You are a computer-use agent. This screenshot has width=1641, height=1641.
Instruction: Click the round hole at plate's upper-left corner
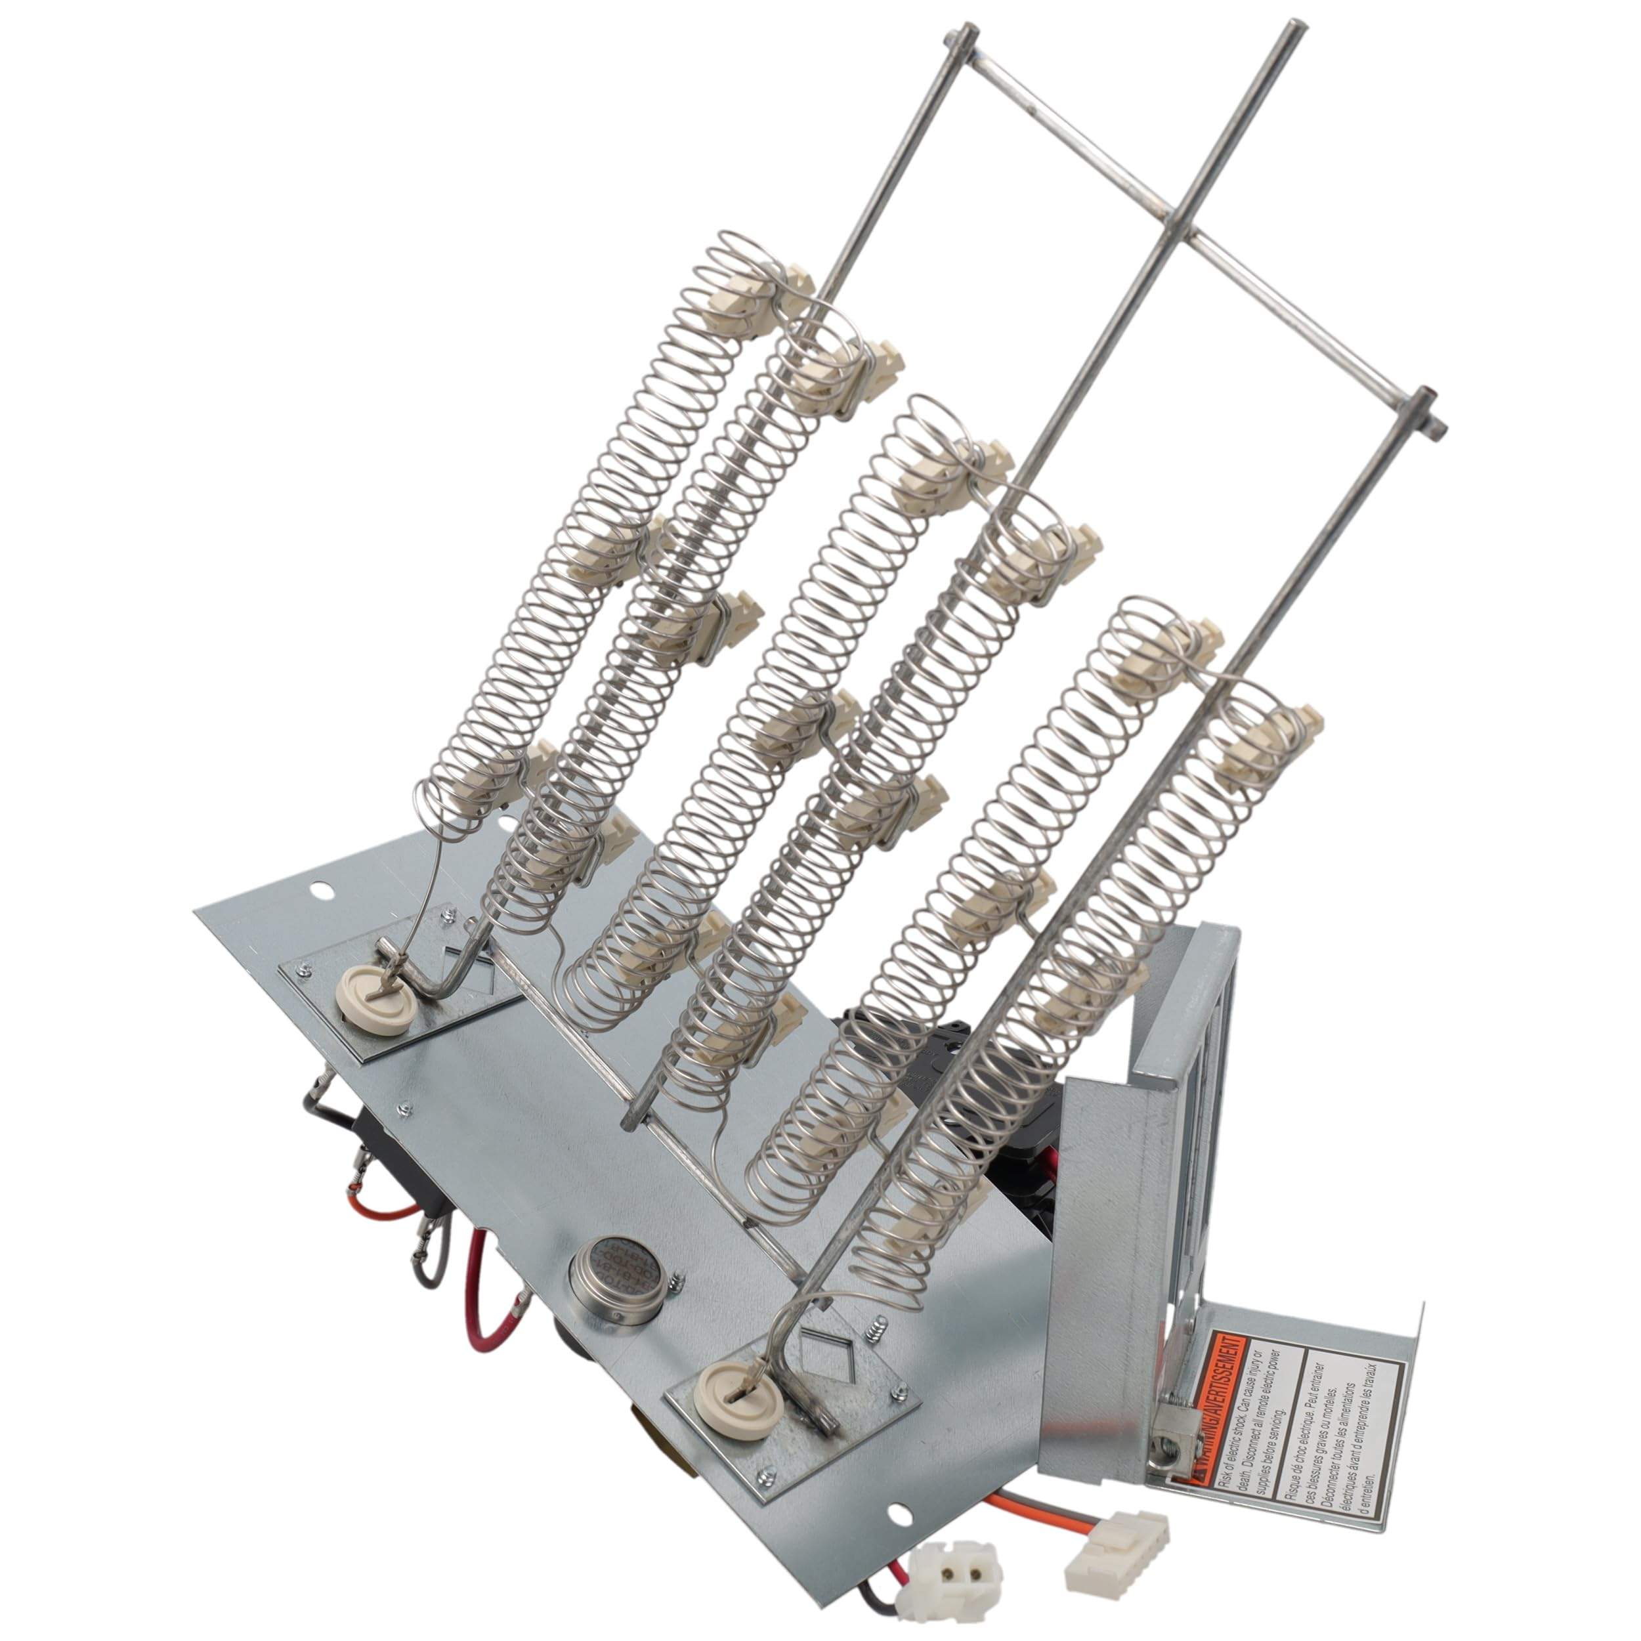(x=320, y=890)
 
